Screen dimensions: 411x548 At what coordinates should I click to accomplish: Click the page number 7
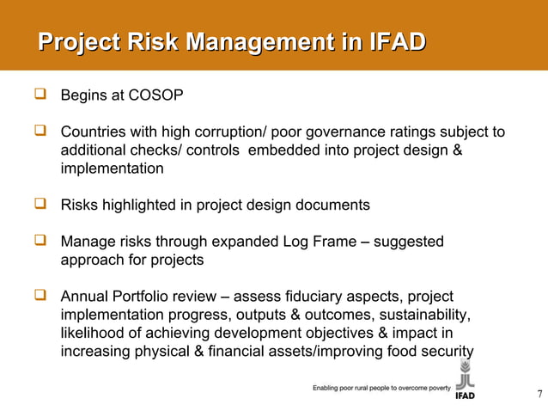pos(539,395)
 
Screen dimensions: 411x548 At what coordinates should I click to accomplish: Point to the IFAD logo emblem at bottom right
pos(465,375)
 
